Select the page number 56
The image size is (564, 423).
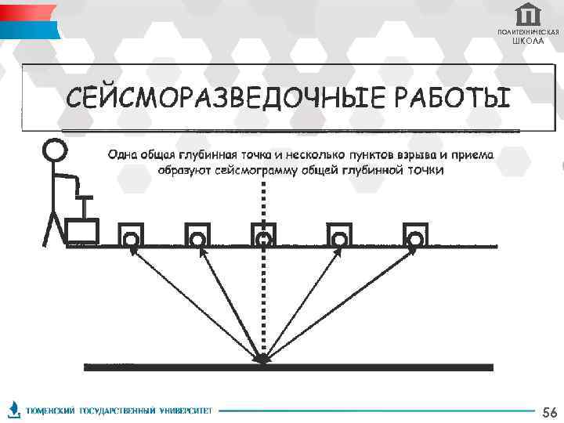coord(549,412)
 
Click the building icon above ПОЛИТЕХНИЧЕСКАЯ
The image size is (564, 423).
coord(529,15)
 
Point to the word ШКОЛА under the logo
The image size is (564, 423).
coord(528,41)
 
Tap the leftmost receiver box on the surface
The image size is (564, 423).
coord(131,234)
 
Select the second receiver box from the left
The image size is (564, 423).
coord(197,234)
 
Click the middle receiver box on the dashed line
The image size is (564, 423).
coord(264,234)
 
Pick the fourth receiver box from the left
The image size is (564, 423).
coord(339,234)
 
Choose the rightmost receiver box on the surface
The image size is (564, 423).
coord(414,234)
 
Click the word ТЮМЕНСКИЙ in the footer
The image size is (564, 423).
coord(51,410)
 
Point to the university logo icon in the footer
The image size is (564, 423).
coord(15,410)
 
